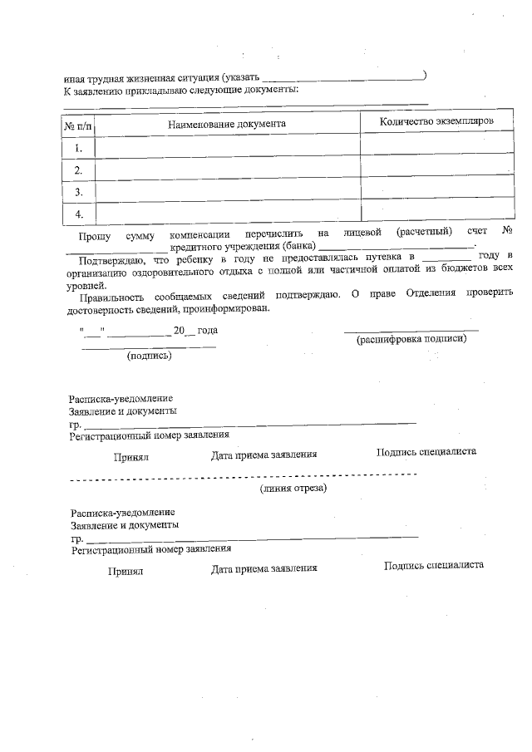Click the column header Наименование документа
pos(227,123)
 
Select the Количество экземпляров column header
pos(436,121)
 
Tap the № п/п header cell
pos(78,124)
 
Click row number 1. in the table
pos(79,148)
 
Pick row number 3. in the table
pos(79,192)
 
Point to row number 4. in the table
pos(79,214)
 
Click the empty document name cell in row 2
pos(227,170)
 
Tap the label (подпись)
pos(149,356)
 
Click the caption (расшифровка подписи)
pos(411,340)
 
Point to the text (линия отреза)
pos(293,489)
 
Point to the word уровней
pos(84,282)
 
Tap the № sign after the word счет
pos(507,231)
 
